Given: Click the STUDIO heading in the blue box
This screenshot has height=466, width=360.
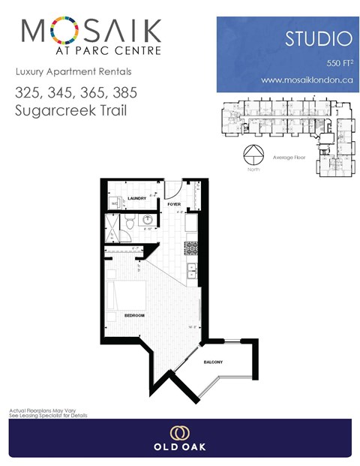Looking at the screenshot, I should coord(317,38).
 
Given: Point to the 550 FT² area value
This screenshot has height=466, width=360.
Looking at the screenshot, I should coord(336,61).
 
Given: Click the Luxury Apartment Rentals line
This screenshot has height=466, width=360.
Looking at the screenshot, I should coord(73,72).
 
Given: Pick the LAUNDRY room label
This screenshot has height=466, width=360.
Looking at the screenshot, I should coord(136,199).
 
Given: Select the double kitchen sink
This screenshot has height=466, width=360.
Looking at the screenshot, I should coord(192,271).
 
